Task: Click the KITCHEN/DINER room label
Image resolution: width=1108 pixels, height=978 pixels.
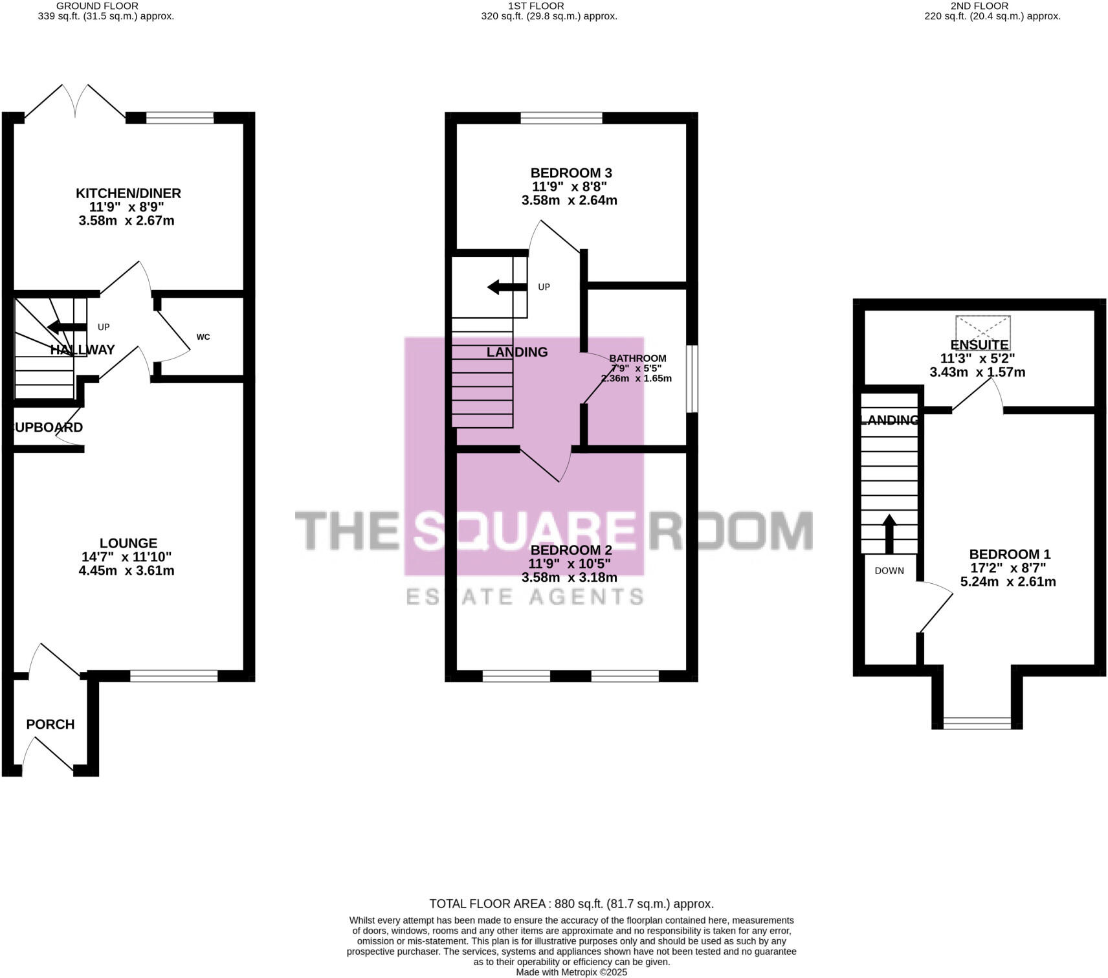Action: pyautogui.click(x=128, y=193)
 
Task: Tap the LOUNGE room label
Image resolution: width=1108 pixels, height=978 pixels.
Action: pyautogui.click(x=128, y=543)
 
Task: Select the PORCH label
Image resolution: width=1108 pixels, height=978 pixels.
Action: pyautogui.click(x=50, y=724)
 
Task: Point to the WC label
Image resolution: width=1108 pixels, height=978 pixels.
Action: pyautogui.click(x=203, y=337)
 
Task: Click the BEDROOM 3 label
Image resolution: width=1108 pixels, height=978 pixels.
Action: pyautogui.click(x=571, y=173)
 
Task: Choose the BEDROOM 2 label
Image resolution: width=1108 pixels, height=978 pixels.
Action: pyautogui.click(x=571, y=550)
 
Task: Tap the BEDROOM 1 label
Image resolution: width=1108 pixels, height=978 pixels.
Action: pyautogui.click(x=1010, y=554)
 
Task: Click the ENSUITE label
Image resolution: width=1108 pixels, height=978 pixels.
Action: pyautogui.click(x=979, y=345)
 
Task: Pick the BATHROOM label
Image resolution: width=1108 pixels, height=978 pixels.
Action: pyautogui.click(x=637, y=358)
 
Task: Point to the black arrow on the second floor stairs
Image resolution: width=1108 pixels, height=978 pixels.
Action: pyautogui.click(x=889, y=533)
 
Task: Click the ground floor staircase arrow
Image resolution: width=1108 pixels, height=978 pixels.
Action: pyautogui.click(x=67, y=327)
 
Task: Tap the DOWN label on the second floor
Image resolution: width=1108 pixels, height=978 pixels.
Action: pyautogui.click(x=889, y=571)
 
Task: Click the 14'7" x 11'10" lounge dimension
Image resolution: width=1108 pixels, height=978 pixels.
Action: pyautogui.click(x=127, y=557)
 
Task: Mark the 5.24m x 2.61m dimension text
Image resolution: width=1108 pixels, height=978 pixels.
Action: pyautogui.click(x=1008, y=582)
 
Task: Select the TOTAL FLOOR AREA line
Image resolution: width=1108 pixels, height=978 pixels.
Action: pyautogui.click(x=571, y=904)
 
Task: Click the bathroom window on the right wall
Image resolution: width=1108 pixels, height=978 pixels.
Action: pyautogui.click(x=692, y=379)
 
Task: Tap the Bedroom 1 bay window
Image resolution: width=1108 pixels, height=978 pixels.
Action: pyautogui.click(x=977, y=723)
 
